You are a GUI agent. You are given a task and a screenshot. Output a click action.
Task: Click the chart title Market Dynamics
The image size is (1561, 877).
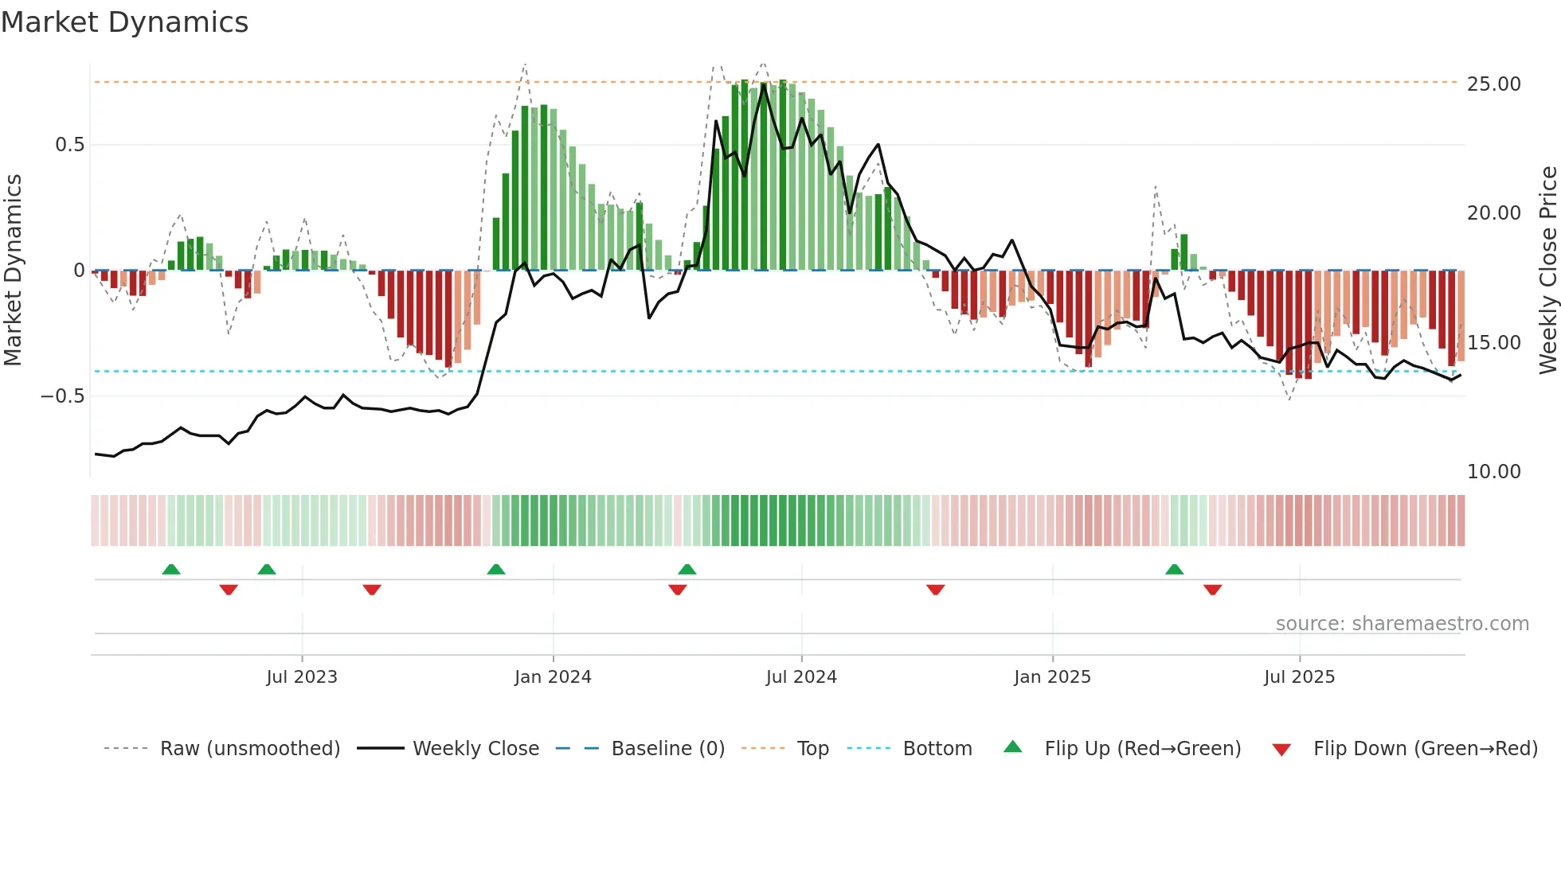pos(124,22)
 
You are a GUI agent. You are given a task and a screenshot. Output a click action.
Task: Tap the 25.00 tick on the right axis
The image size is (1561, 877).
pos(1493,84)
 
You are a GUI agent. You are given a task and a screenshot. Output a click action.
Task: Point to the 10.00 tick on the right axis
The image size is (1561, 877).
pos(1493,472)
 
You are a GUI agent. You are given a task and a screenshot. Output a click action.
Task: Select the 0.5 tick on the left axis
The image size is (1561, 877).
pos(69,145)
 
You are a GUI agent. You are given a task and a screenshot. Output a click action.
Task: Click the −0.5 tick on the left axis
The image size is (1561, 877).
pos(62,396)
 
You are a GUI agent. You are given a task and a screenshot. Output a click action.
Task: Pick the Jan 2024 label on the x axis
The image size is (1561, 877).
pos(553,677)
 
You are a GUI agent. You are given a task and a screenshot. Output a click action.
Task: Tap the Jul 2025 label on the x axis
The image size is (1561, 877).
pos(1299,677)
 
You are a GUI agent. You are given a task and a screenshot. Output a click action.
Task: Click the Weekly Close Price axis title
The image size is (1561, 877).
pos(1547,271)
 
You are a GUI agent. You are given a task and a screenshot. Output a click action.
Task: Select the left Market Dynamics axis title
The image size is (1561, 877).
pos(13,271)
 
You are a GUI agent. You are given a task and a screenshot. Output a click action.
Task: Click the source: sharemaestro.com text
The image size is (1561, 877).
pos(1402,624)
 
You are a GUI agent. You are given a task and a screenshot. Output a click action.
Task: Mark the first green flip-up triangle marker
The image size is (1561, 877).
pos(171,569)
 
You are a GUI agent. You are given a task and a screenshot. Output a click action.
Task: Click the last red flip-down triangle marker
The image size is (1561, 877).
pos(1212,590)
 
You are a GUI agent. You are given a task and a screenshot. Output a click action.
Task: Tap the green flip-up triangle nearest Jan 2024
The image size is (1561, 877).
pos(495,569)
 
